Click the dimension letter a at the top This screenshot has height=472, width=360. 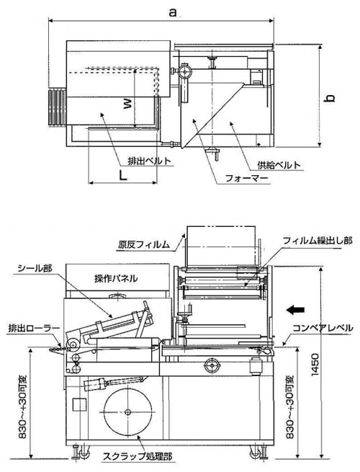point(172,13)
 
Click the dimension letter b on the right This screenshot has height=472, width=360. point(330,98)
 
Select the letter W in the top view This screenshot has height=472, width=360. point(127,104)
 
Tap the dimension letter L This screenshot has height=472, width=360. point(122,175)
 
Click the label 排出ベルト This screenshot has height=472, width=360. point(150,161)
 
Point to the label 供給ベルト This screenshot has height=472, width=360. point(279,164)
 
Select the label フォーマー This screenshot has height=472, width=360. point(246,179)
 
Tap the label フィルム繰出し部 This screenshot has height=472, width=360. point(318,240)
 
